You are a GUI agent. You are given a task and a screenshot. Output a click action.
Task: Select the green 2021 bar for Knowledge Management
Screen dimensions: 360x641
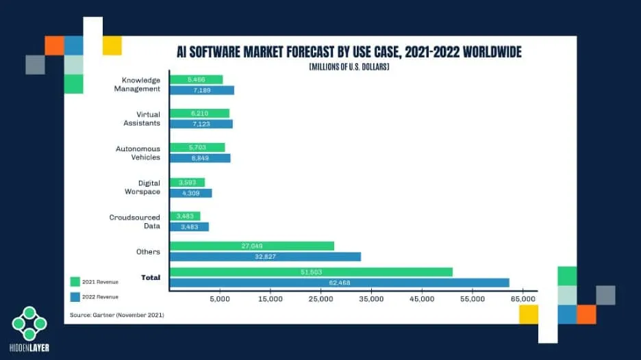coord(196,79)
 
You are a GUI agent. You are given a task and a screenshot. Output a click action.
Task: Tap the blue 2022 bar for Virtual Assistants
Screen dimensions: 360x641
coord(201,124)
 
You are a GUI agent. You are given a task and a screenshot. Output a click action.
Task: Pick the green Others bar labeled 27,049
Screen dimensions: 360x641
coord(251,246)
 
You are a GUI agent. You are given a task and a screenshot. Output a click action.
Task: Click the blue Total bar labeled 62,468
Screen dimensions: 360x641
coord(339,282)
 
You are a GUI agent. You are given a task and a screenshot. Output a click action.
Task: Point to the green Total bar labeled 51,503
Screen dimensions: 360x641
coord(311,272)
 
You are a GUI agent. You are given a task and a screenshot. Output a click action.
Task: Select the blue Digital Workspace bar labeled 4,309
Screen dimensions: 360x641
coord(190,193)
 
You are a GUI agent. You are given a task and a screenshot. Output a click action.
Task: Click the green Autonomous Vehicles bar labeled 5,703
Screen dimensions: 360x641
coord(197,147)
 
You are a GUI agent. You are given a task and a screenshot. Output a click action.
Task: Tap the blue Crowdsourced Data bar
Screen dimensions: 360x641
coord(189,227)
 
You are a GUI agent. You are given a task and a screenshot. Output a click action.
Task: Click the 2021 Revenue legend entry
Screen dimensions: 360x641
coord(95,281)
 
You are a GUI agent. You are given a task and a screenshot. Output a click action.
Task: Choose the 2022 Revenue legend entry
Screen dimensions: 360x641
coord(95,296)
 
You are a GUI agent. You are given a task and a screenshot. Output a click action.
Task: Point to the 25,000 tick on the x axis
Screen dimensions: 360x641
coord(321,299)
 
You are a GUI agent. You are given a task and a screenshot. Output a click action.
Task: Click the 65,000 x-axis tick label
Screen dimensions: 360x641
coord(523,299)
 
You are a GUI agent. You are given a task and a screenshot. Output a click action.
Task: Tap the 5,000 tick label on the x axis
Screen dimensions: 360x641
coord(220,299)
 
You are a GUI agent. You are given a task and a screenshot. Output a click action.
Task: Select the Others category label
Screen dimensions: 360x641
coord(149,251)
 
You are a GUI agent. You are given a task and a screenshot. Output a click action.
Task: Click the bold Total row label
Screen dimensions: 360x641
coord(150,277)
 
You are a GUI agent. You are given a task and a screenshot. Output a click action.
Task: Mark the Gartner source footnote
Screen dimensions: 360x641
coord(117,314)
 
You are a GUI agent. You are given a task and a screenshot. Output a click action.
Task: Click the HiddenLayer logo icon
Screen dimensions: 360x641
coord(29,323)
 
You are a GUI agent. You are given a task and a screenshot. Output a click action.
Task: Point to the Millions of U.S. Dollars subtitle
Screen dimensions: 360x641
coord(349,66)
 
